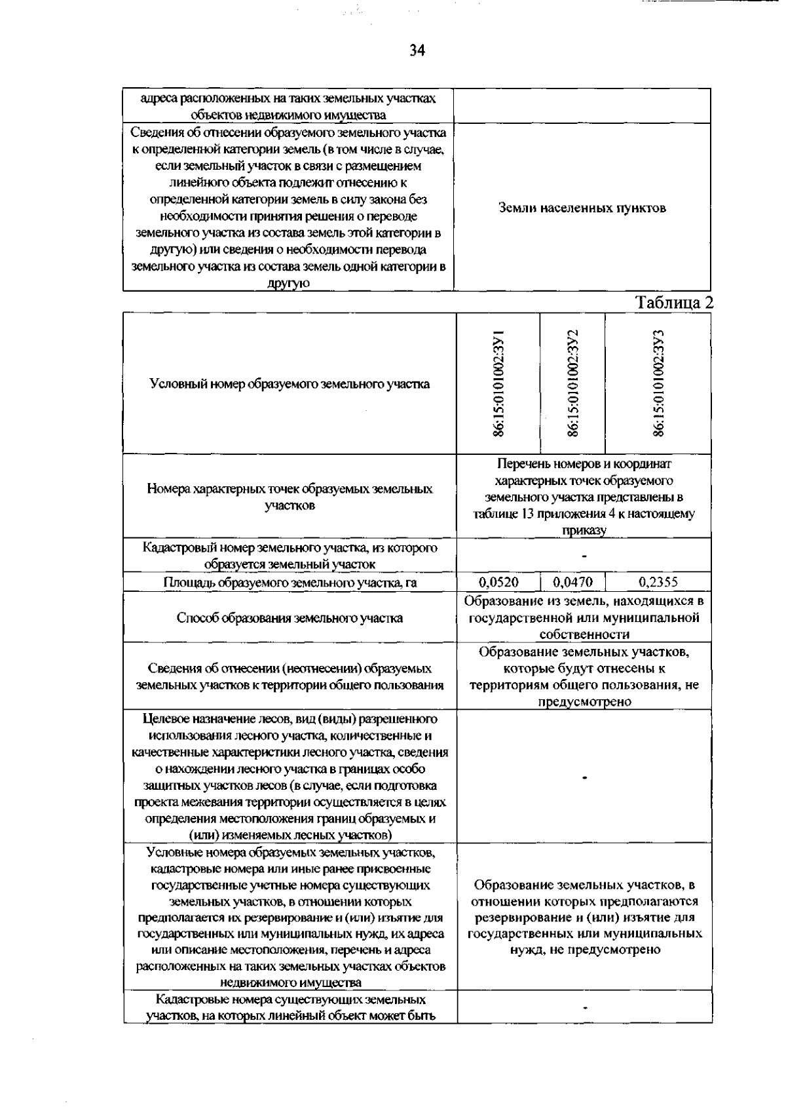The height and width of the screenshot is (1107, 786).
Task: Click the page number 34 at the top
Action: click(x=417, y=50)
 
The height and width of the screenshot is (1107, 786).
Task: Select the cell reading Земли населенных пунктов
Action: click(x=582, y=208)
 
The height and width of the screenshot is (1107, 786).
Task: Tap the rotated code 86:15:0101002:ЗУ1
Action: click(x=499, y=383)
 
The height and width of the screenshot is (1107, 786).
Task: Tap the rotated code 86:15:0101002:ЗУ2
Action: click(x=573, y=383)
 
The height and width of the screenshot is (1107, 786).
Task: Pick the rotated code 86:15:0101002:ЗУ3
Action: click(x=658, y=383)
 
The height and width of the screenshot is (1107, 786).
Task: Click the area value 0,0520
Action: click(x=498, y=582)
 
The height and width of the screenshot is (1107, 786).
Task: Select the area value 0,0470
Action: click(x=572, y=582)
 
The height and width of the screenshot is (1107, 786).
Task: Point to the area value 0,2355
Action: click(x=658, y=582)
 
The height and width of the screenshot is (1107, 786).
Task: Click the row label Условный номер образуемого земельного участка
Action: click(x=290, y=384)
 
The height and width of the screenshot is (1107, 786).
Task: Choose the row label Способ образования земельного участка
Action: click(x=290, y=617)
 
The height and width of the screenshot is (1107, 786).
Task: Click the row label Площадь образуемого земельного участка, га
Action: click(x=290, y=582)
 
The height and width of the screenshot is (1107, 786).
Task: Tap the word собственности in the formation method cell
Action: click(x=584, y=634)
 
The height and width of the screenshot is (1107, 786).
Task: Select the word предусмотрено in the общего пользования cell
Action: click(x=584, y=702)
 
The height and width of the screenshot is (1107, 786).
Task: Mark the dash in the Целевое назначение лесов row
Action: click(x=584, y=777)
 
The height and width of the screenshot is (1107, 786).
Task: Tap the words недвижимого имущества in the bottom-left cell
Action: click(x=291, y=982)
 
